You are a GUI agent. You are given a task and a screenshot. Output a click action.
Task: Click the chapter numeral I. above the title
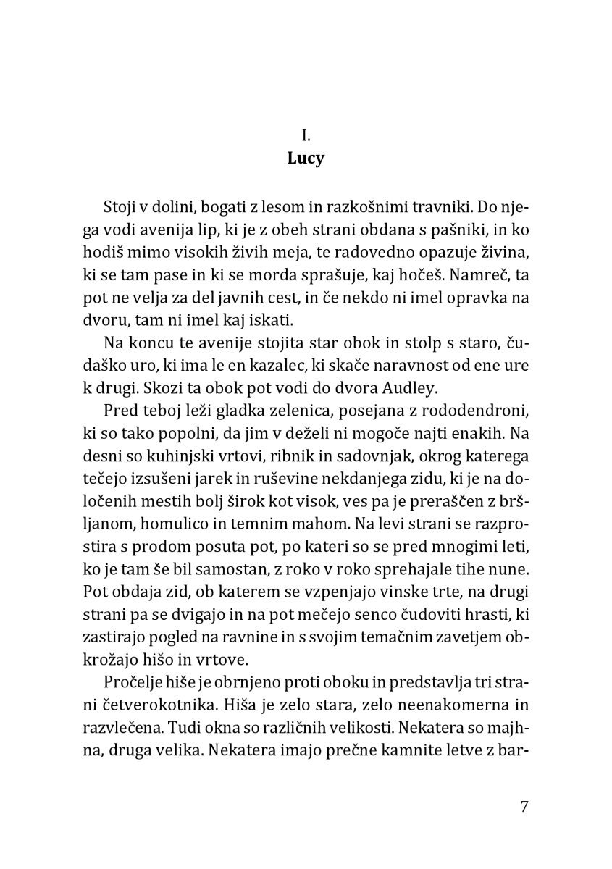pyautogui.click(x=306, y=135)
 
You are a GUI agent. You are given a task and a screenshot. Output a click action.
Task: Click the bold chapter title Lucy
pyautogui.click(x=306, y=159)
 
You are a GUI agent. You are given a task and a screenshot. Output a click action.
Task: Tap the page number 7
pyautogui.click(x=524, y=807)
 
